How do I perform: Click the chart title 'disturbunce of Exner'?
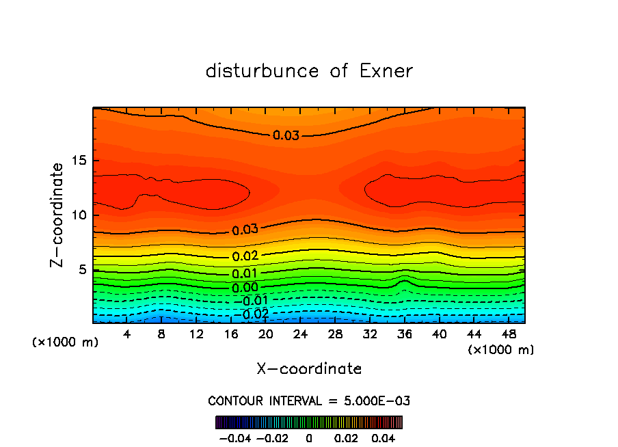[309, 71]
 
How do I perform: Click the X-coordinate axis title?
[309, 368]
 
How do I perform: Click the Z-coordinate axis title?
[58, 215]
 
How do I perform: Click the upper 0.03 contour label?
[286, 135]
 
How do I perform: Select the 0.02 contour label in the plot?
[245, 256]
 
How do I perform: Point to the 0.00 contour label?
[245, 288]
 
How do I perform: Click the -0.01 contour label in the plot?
[251, 301]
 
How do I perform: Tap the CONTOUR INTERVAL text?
[309, 401]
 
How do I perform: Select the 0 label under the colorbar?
[309, 437]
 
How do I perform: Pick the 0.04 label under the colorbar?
[384, 437]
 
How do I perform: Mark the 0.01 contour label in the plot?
[245, 274]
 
